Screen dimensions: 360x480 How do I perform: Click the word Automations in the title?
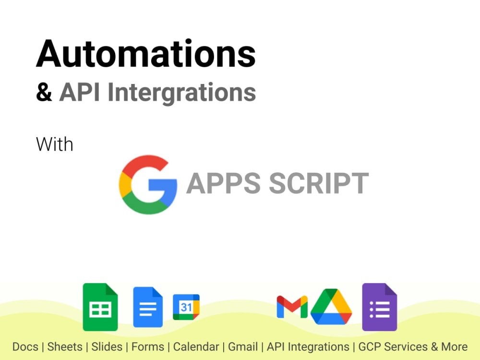click(146, 54)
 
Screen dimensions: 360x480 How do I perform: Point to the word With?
click(55, 144)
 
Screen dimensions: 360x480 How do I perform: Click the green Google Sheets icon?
click(100, 307)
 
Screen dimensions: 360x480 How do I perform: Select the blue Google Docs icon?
click(148, 307)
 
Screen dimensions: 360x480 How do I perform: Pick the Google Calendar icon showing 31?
click(186, 307)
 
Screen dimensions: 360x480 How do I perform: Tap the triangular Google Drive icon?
click(331, 307)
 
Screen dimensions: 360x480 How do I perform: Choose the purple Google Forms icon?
click(379, 307)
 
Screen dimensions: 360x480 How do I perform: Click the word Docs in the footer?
click(25, 347)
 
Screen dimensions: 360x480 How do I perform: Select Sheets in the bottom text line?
click(65, 347)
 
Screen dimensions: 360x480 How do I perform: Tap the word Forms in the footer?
click(148, 347)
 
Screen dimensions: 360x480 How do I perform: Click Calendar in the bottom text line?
click(196, 347)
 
